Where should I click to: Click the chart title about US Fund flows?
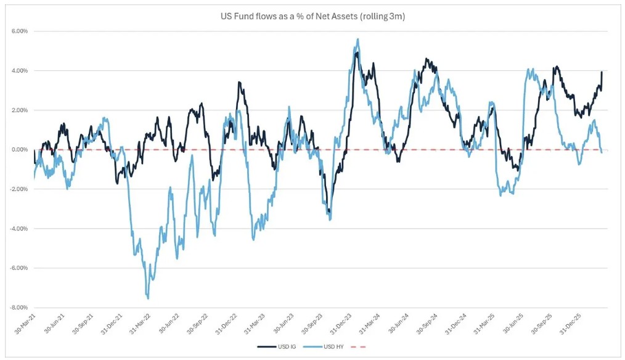tap(312, 16)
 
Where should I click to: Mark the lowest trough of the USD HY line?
tap(148, 298)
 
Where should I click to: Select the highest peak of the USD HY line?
tap(358, 39)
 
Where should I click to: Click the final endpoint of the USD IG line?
tap(602, 72)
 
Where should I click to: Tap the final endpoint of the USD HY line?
tap(602, 152)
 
